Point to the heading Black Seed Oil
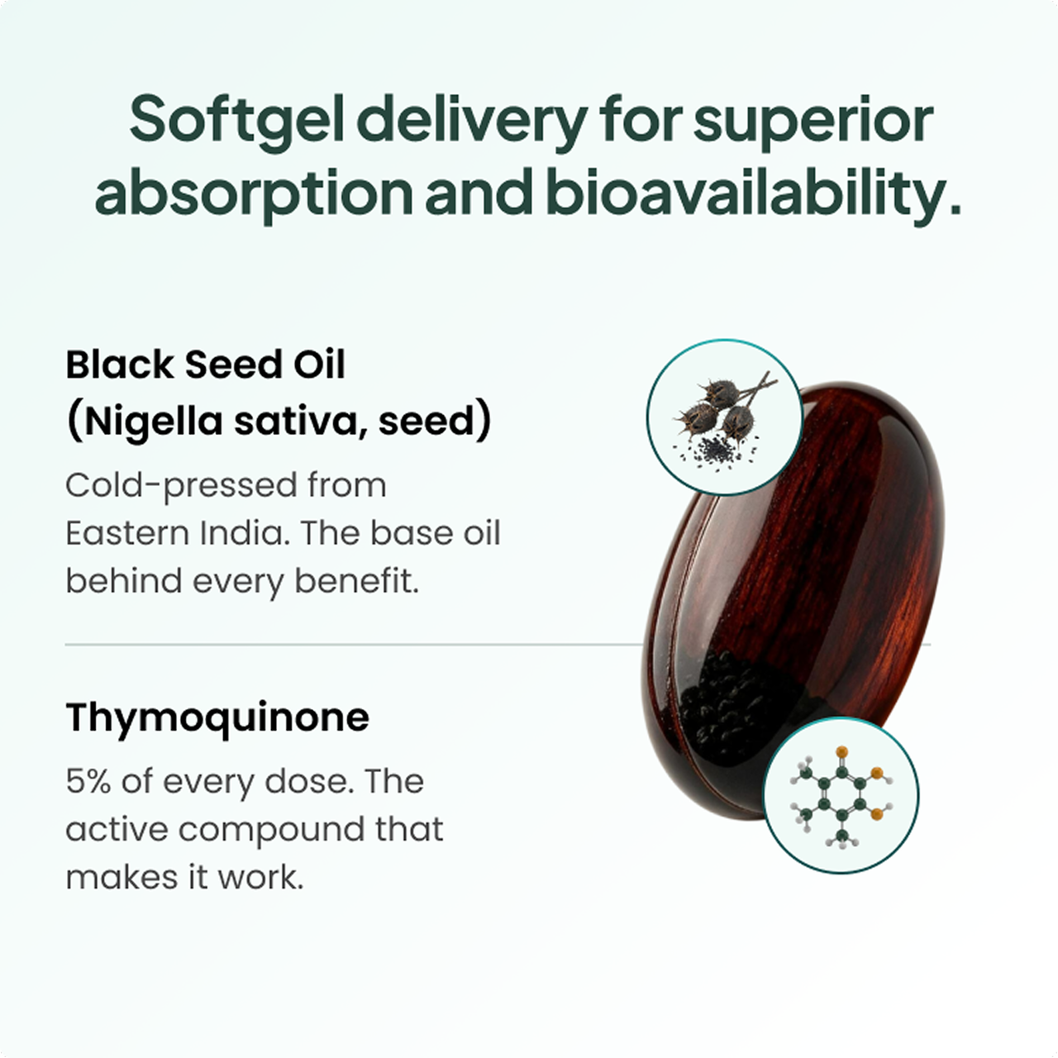pyautogui.click(x=205, y=365)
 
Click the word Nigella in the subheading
pyautogui.click(x=153, y=422)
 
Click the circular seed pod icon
pyautogui.click(x=725, y=417)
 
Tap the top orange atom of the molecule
pyautogui.click(x=841, y=751)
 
